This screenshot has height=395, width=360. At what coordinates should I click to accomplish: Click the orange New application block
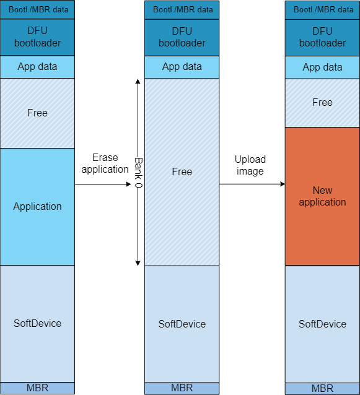pyautogui.click(x=322, y=196)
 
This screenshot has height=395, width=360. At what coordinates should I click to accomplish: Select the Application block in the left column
pyautogui.click(x=37, y=207)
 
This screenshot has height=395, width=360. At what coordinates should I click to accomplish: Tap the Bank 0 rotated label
pyautogui.click(x=138, y=172)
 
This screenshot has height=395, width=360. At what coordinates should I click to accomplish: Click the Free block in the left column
pyautogui.click(x=37, y=113)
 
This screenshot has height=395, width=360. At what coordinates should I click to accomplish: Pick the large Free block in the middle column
pyautogui.click(x=182, y=172)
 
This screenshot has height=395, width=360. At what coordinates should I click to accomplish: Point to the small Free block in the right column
pyautogui.click(x=322, y=103)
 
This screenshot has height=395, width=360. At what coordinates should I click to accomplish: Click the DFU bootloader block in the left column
pyautogui.click(x=37, y=37)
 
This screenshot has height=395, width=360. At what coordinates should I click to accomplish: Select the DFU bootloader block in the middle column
pyautogui.click(x=182, y=37)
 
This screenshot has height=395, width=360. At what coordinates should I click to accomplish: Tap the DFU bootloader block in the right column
pyautogui.click(x=322, y=37)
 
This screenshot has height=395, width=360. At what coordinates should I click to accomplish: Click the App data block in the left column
pyautogui.click(x=37, y=67)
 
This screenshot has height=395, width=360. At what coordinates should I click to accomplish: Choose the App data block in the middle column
pyautogui.click(x=182, y=67)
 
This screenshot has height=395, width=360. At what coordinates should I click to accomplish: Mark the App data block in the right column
pyautogui.click(x=322, y=67)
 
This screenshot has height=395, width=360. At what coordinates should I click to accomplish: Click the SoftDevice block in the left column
pyautogui.click(x=37, y=323)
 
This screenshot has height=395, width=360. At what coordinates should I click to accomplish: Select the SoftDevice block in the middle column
pyautogui.click(x=182, y=324)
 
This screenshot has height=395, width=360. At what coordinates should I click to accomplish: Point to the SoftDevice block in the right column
pyautogui.click(x=322, y=324)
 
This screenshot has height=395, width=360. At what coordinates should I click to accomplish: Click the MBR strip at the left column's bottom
pyautogui.click(x=37, y=388)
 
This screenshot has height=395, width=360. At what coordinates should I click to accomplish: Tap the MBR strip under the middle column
pyautogui.click(x=182, y=388)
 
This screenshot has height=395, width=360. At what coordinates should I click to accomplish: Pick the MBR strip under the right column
pyautogui.click(x=322, y=389)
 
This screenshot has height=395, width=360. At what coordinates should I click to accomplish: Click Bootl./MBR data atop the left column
pyautogui.click(x=37, y=10)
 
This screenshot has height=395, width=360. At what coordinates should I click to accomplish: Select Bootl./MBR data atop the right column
pyautogui.click(x=322, y=10)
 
